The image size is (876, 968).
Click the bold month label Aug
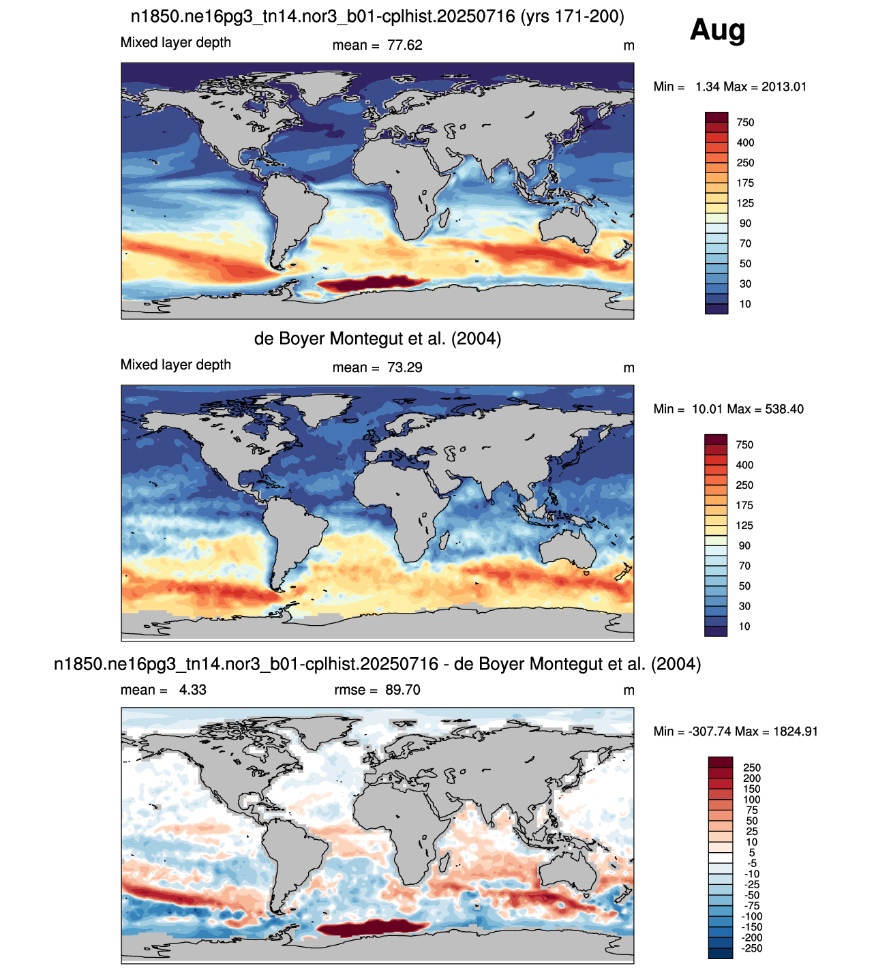coord(718,31)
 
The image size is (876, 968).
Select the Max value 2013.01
coord(784,87)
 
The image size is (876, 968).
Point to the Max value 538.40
coord(783,409)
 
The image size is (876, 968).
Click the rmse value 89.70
coord(402,690)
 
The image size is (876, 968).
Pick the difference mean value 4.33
coord(192,690)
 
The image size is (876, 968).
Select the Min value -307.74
coord(706,731)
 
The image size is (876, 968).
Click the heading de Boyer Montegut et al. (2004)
coord(378,339)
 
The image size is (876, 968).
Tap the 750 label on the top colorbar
coord(745,123)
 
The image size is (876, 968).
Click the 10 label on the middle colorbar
coord(744,626)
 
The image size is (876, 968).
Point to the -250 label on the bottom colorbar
coord(752,948)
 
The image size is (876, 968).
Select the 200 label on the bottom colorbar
coord(752,778)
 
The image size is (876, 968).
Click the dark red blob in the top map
coord(369,284)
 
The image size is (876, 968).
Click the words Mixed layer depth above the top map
coord(176,42)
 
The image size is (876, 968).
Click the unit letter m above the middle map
coord(629,368)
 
